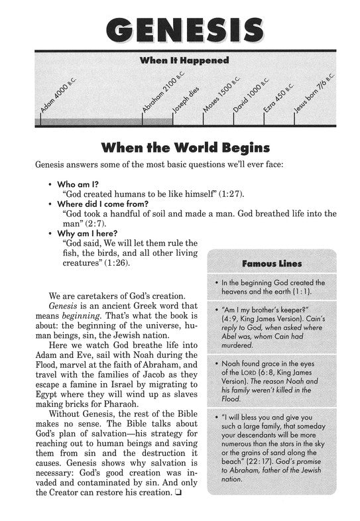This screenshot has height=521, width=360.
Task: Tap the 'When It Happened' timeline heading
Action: (184, 60)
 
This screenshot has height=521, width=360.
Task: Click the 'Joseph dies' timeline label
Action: (180, 102)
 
